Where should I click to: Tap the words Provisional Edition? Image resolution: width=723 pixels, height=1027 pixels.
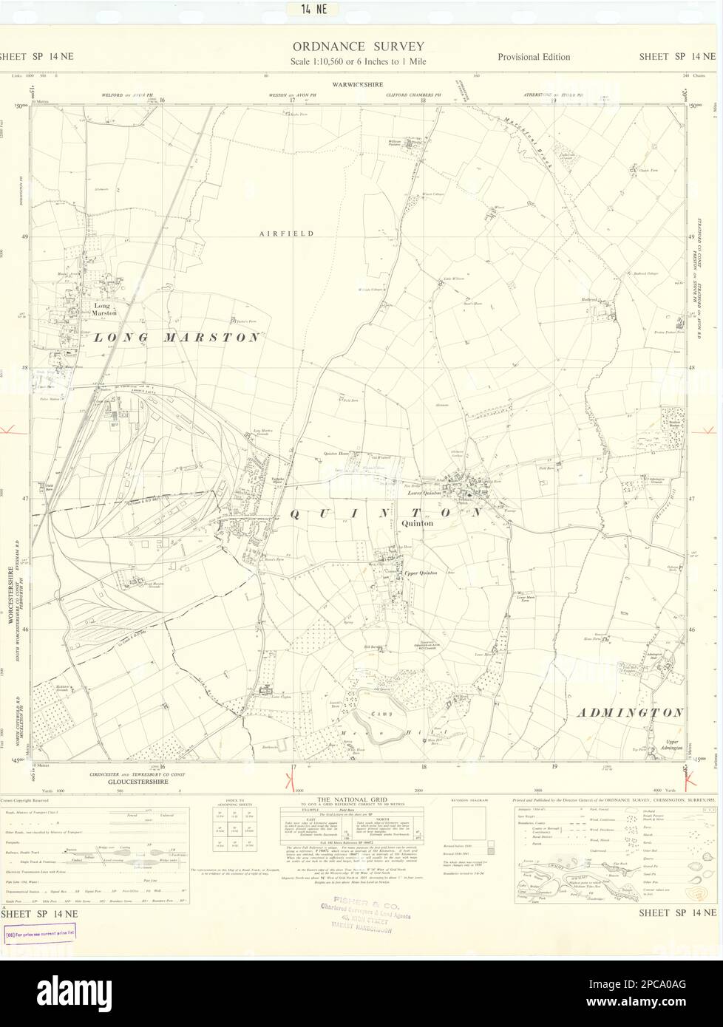534,57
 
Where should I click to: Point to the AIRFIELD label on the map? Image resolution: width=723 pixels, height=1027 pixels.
287,233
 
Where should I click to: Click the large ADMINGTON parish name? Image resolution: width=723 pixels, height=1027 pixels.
629,713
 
